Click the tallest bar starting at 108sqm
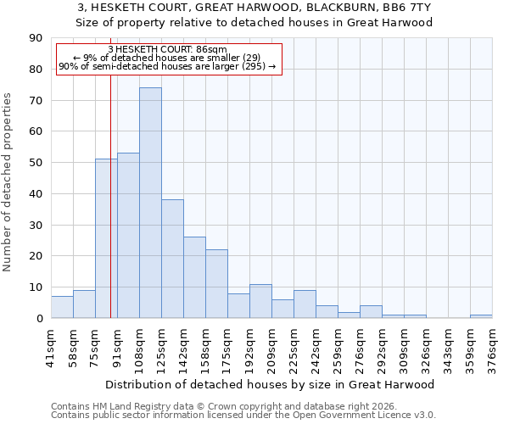pos(150,203)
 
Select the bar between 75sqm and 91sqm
pos(106,238)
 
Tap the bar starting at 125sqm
pos(172,259)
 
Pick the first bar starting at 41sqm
pos(62,307)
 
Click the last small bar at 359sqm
pos(481,316)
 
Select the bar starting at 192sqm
pos(260,301)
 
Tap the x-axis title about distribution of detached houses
pos(271,384)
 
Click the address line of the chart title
pos(254,8)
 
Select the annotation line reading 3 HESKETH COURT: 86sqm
pos(168,50)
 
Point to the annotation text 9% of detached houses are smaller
pos(168,58)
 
